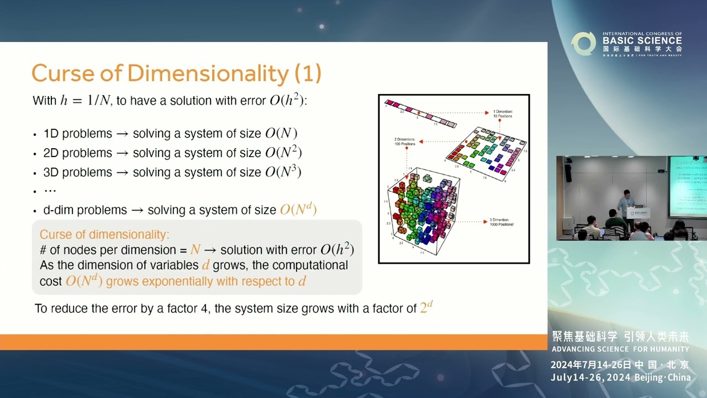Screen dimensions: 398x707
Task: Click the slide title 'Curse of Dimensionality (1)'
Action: (176, 73)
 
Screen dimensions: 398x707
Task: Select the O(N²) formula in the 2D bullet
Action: (283, 153)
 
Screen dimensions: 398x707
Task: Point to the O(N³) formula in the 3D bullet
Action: (283, 172)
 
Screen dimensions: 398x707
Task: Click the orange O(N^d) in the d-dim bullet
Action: (298, 210)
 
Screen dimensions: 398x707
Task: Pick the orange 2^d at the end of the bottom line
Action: (426, 307)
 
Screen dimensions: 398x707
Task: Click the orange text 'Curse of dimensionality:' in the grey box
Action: (104, 234)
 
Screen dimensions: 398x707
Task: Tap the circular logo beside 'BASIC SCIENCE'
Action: (583, 44)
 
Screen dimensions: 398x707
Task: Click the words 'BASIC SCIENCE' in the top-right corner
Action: (642, 40)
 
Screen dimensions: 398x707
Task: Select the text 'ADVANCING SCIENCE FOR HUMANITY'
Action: (620, 349)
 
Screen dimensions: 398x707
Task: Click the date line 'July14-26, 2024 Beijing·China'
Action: (620, 378)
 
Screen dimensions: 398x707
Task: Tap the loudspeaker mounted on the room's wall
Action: (568, 173)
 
